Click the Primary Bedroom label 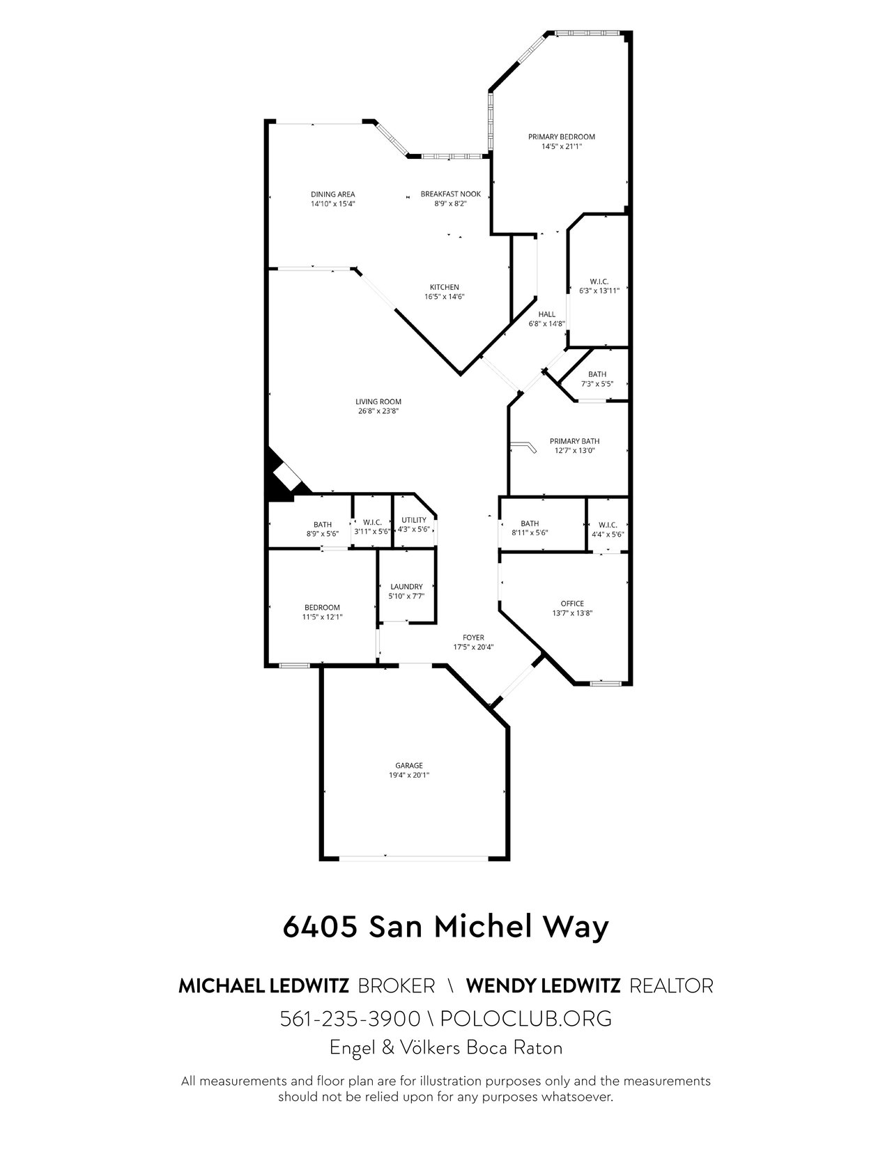[561, 137]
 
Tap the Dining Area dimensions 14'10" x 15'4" [333, 203]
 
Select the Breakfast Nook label [451, 194]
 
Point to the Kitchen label [445, 287]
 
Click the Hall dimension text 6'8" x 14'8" [547, 323]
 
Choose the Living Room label [378, 401]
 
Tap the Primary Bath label [574, 441]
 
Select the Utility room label [414, 520]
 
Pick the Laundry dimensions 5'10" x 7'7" [407, 596]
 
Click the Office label [572, 603]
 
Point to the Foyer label [474, 638]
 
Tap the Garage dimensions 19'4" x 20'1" [409, 775]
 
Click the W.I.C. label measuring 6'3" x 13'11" [599, 282]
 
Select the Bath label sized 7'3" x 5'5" [597, 374]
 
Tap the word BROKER [397, 986]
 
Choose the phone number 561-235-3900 [351, 1019]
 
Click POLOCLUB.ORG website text [526, 1019]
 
